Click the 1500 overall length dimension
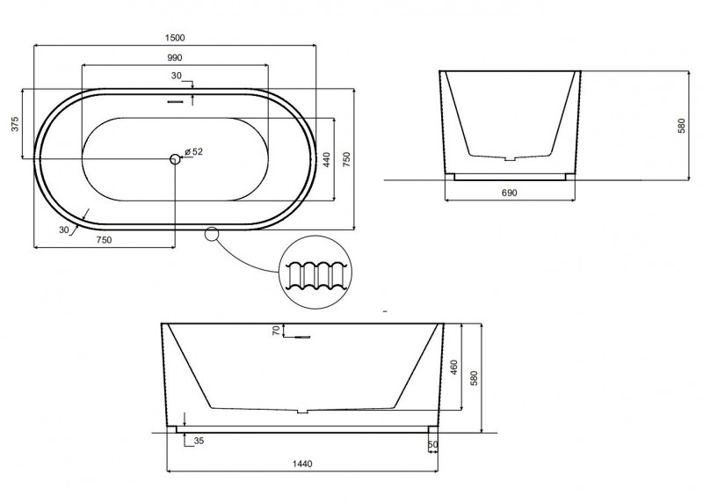[x=175, y=38]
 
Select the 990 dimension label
[x=174, y=58]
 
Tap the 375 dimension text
[x=15, y=124]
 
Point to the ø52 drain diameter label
[x=193, y=151]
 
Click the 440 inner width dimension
[x=327, y=160]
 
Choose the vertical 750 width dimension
[x=346, y=160]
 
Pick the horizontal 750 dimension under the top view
[x=104, y=240]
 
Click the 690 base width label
[x=510, y=193]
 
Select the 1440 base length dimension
[x=302, y=464]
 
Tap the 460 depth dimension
[x=453, y=367]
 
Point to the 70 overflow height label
[x=276, y=331]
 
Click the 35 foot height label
[x=199, y=441]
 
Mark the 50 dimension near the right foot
[x=432, y=445]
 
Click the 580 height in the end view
[x=682, y=126]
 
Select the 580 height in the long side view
[x=474, y=378]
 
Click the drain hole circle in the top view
[x=175, y=158]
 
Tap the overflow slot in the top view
[x=175, y=102]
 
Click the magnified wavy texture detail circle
[x=315, y=273]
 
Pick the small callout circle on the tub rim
[x=212, y=234]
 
